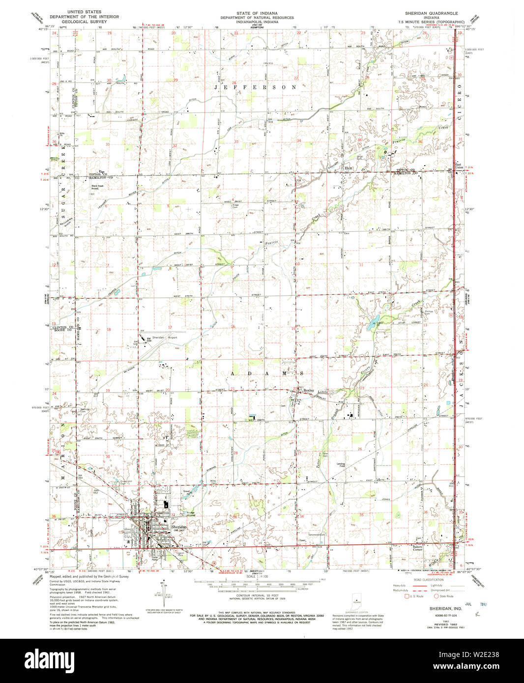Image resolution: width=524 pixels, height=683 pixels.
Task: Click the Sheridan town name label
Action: point(178,526)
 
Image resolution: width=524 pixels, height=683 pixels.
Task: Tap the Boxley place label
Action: point(308,390)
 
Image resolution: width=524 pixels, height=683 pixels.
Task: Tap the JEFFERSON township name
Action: point(255,87)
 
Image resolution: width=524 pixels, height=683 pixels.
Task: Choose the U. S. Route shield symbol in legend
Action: point(407,596)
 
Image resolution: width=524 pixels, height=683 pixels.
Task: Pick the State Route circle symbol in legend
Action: point(436,596)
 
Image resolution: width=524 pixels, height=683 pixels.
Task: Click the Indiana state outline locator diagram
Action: point(356,600)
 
